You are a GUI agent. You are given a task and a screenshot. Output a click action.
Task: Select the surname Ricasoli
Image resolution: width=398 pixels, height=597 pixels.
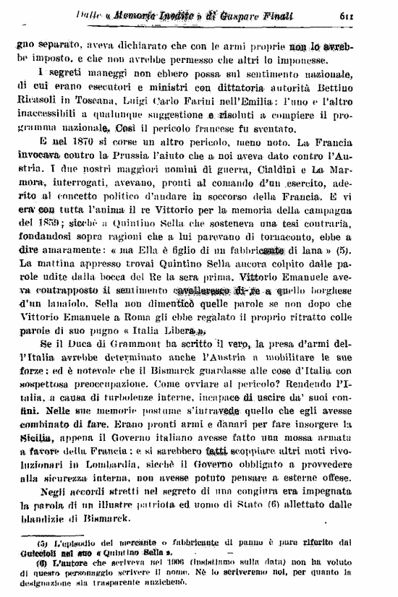tap(37, 104)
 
